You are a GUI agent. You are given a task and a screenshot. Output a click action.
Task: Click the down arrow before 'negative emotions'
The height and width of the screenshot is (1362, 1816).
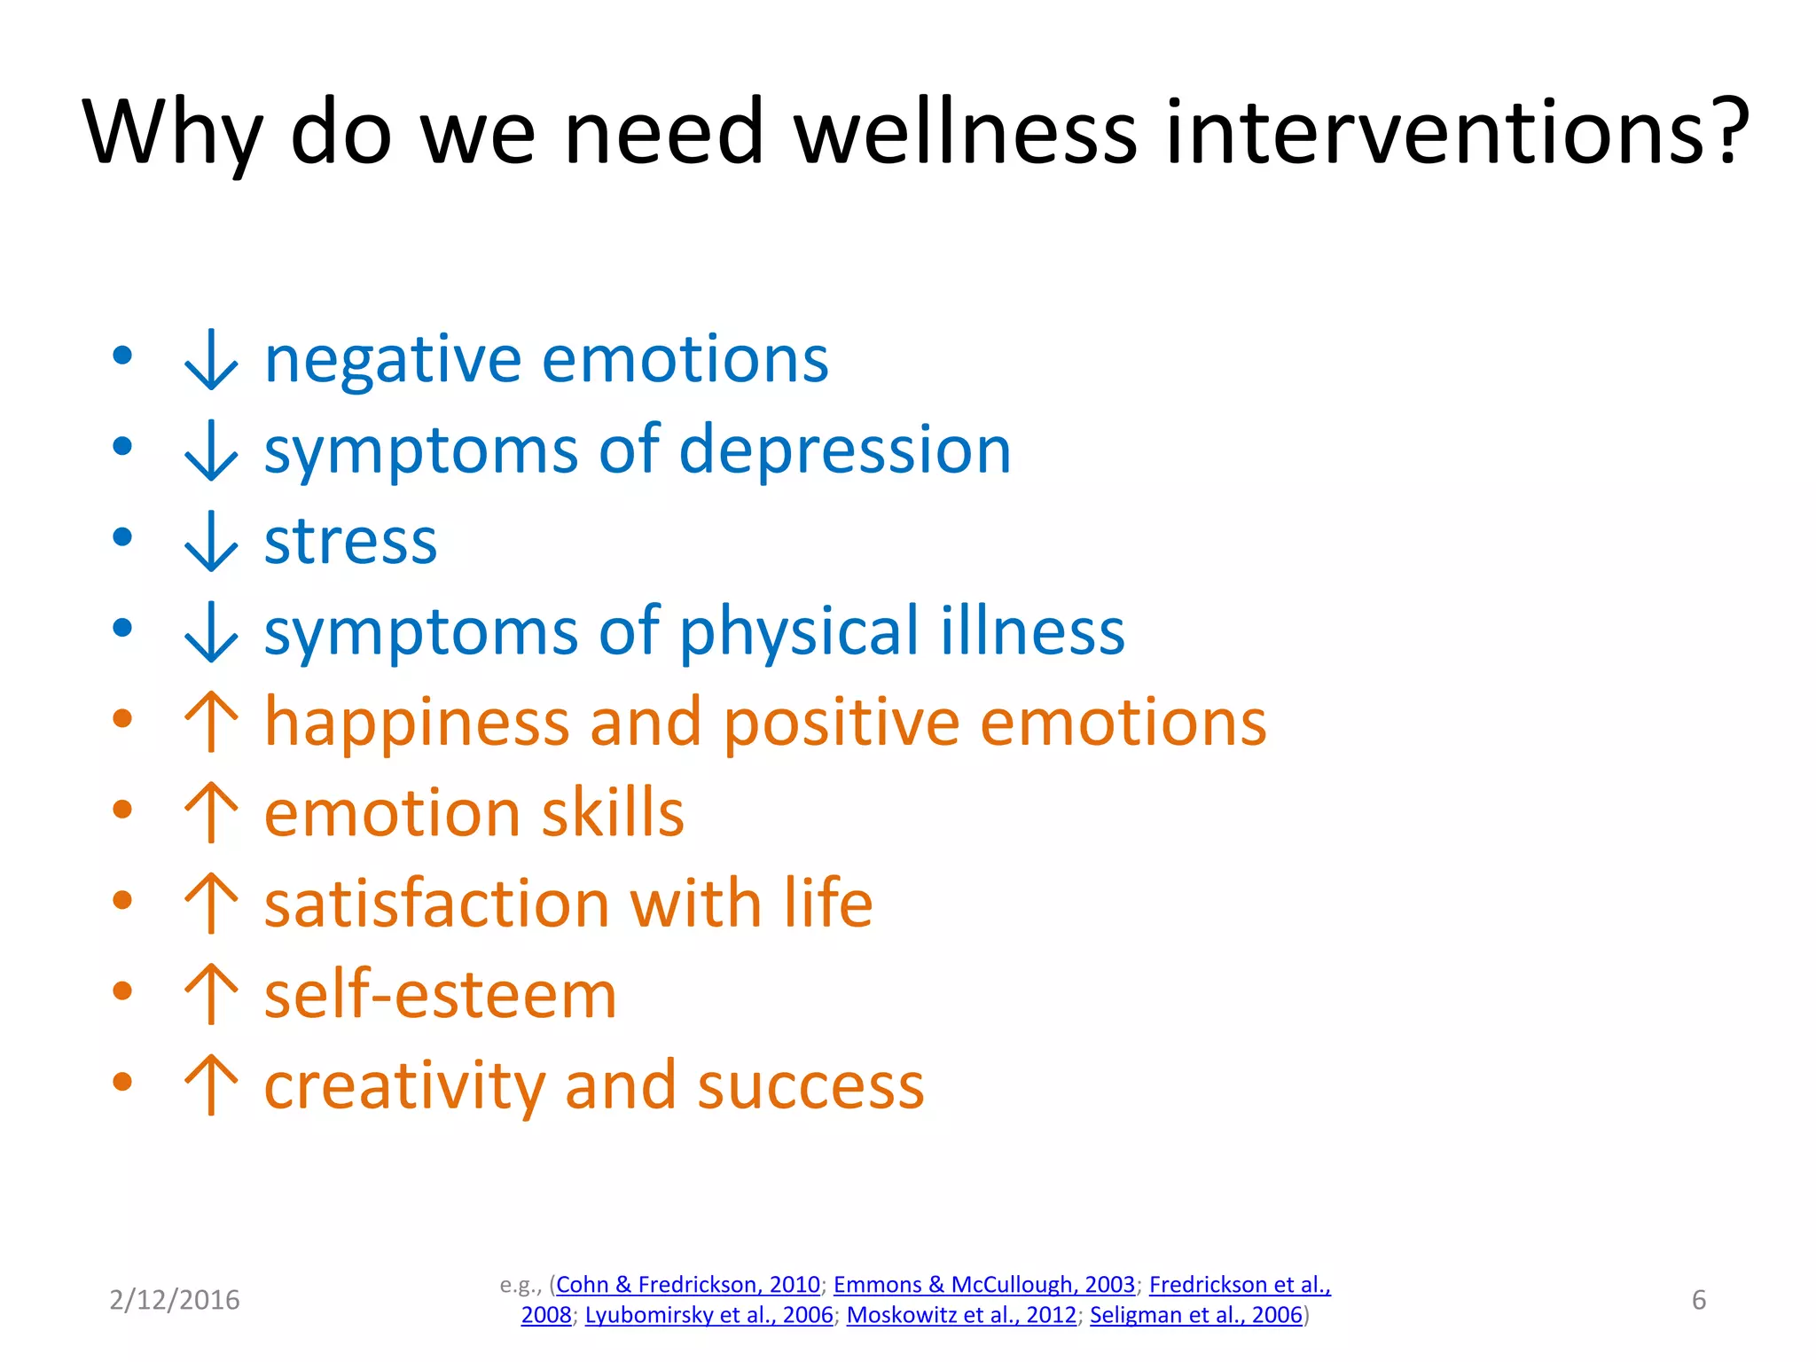click(x=211, y=359)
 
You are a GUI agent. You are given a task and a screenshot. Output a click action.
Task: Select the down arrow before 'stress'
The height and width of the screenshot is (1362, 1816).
click(x=211, y=541)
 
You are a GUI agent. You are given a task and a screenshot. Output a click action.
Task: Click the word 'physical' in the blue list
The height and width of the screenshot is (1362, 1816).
click(x=799, y=631)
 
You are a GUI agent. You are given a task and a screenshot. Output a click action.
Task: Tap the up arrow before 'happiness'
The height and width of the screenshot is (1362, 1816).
click(x=211, y=722)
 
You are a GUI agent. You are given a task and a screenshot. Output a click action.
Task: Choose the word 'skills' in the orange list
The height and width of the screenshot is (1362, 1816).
click(x=613, y=813)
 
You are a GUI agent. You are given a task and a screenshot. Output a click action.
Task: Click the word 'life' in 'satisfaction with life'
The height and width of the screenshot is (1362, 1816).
click(x=828, y=904)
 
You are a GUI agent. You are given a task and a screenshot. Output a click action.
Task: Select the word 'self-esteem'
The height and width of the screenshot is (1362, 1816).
click(x=440, y=995)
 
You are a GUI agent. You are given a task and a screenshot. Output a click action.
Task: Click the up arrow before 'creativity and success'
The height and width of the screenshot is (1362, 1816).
click(x=211, y=1084)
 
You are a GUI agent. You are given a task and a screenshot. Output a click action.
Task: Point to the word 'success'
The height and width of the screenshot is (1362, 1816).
click(x=810, y=1086)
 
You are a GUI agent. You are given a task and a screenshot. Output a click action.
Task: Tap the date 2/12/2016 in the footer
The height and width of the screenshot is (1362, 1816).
click(x=175, y=1300)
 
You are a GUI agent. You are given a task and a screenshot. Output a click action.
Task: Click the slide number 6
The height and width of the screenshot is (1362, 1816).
click(x=1698, y=1300)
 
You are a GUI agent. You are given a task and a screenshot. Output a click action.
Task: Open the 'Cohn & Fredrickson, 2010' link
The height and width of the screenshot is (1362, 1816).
click(x=688, y=1285)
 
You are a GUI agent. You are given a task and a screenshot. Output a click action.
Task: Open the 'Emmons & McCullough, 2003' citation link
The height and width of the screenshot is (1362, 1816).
click(x=983, y=1285)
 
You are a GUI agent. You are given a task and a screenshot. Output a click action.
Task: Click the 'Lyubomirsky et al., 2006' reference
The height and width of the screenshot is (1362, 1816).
click(x=708, y=1315)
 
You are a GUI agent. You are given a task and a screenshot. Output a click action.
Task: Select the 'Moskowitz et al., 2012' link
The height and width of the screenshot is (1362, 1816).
click(x=961, y=1315)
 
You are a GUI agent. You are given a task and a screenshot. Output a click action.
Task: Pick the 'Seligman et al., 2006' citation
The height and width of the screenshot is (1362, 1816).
click(x=1195, y=1315)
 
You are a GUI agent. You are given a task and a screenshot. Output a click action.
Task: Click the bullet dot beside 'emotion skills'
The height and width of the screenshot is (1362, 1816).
click(x=122, y=810)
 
